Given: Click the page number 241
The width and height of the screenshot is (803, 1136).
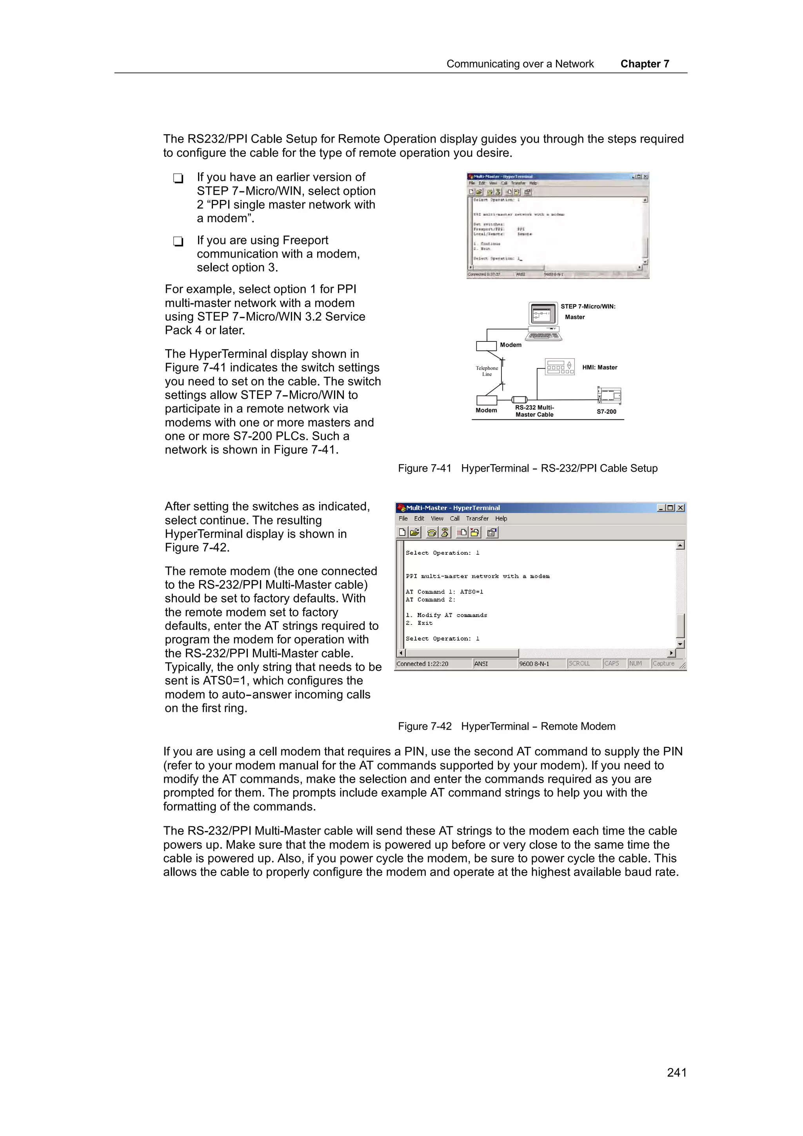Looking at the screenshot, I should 676,1072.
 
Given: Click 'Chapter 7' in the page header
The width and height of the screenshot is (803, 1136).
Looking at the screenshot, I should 644,64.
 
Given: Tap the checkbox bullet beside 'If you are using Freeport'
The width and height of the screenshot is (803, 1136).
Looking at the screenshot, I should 178,241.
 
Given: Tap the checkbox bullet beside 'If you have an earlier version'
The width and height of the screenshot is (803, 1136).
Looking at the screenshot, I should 178,178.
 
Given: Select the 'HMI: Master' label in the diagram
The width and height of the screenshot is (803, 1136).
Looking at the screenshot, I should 599,367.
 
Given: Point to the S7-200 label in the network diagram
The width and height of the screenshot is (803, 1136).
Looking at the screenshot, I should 606,412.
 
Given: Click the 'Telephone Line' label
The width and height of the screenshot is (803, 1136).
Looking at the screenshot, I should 487,371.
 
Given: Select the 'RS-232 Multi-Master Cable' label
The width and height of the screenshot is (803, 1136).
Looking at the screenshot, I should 534,411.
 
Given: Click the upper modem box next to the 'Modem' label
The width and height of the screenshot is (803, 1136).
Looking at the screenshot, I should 486,346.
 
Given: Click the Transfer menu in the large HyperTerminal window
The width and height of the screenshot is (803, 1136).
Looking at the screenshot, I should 477,519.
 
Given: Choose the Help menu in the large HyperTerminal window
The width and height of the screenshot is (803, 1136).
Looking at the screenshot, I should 501,519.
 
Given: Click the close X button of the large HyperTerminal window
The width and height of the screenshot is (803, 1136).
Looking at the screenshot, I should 680,508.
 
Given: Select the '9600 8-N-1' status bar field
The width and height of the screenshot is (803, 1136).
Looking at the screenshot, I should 534,664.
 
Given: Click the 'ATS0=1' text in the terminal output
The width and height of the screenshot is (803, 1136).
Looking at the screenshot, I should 472,592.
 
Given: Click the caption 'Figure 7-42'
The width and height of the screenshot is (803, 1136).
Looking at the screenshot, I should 425,726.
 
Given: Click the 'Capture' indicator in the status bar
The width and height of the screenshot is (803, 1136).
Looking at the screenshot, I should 663,664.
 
